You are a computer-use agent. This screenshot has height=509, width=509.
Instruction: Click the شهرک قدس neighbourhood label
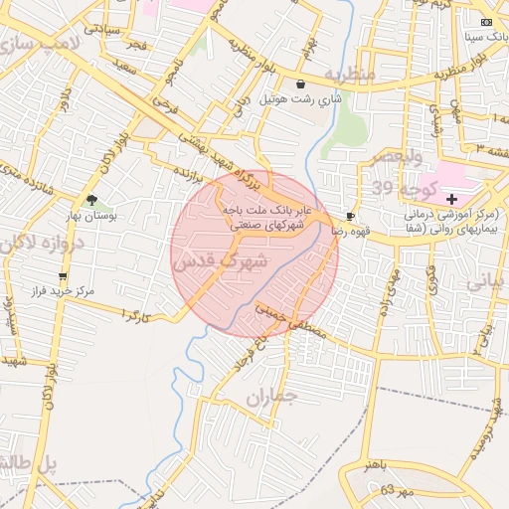click(221, 262)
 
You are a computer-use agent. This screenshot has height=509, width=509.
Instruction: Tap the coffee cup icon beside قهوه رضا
click(350, 216)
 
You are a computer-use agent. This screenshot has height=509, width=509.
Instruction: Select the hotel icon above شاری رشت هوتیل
click(301, 85)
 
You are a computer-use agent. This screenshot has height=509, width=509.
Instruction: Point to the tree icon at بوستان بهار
click(91, 200)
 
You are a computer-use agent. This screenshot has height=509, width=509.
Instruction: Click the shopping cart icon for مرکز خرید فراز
click(64, 276)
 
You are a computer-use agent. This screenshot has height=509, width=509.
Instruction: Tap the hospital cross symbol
click(452, 199)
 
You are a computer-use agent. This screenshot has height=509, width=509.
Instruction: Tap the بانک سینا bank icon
click(485, 22)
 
